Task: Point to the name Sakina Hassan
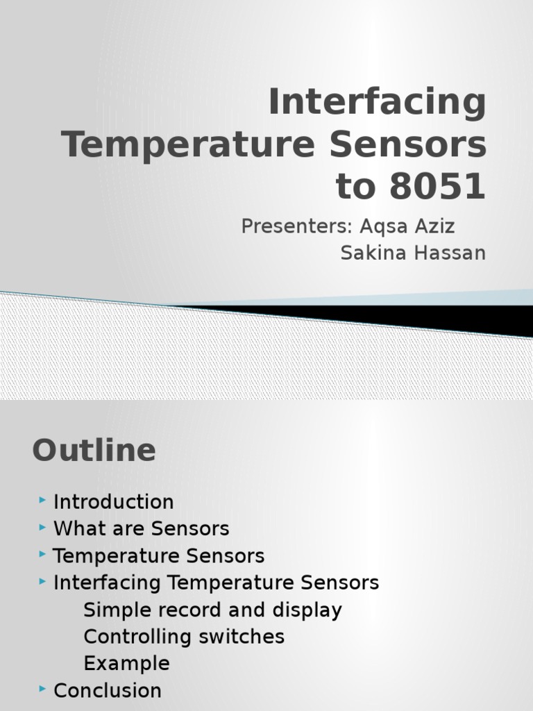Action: point(413,253)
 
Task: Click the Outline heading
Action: point(94,451)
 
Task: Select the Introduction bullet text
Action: point(113,502)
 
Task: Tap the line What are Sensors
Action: point(141,529)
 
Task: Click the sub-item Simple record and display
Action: point(212,610)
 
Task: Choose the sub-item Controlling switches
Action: point(184,637)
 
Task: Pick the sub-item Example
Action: point(126,663)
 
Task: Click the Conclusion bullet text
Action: point(107,691)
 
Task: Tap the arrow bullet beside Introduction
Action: point(43,501)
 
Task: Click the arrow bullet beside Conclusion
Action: point(43,689)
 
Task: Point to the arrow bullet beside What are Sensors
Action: point(43,528)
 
